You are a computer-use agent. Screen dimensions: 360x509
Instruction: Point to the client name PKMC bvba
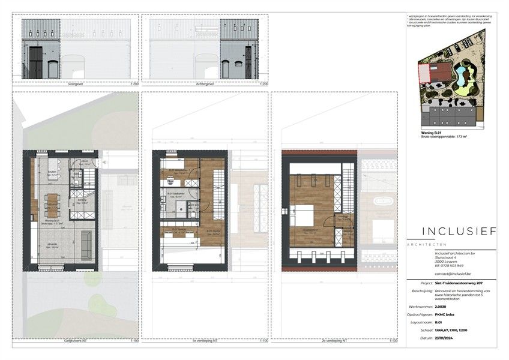(445, 314)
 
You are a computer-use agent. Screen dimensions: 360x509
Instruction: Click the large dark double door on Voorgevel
(34, 61)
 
